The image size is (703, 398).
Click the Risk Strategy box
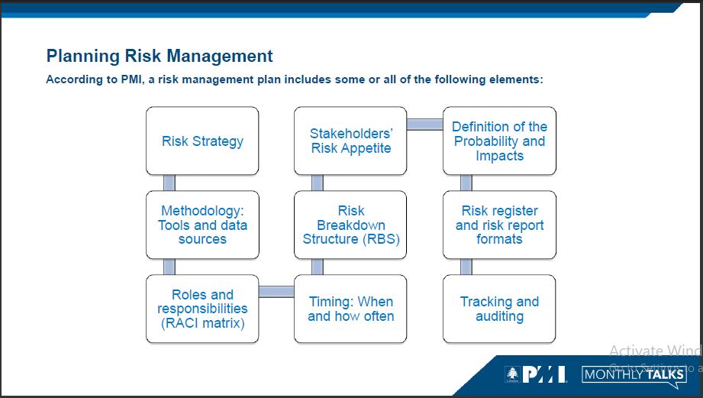point(202,141)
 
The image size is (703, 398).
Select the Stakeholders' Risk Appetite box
point(351,141)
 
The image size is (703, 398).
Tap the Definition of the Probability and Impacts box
point(499,141)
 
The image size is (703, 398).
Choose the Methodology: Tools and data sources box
point(202,225)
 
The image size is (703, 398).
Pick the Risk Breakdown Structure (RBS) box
point(351,225)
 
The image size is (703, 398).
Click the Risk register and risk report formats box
point(499,225)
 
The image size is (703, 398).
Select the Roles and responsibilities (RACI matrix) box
point(202,309)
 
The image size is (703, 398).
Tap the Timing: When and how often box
point(351,309)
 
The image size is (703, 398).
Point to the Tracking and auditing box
point(499,309)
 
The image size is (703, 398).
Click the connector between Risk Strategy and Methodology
point(169,183)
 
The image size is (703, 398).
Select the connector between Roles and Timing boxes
point(276,291)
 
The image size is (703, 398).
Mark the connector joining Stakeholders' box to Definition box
point(425,124)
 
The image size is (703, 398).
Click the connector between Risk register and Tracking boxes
point(466,267)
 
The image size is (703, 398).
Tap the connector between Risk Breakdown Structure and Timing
point(318,267)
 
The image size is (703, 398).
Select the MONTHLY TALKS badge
point(634,374)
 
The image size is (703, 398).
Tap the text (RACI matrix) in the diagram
point(202,323)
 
